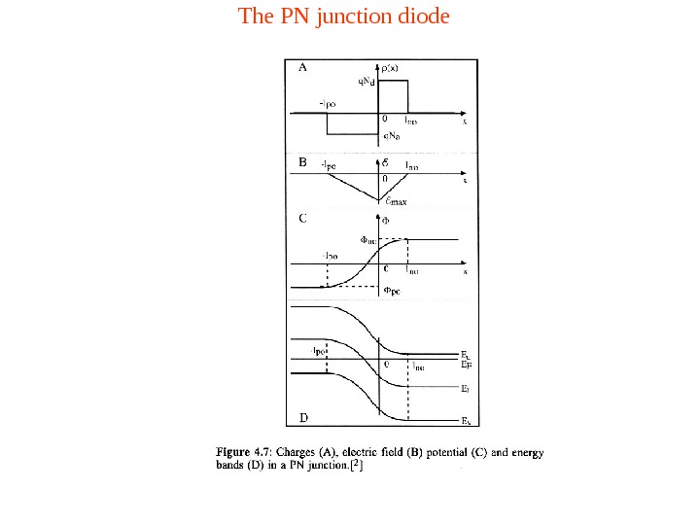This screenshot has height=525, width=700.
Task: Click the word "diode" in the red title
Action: (x=422, y=17)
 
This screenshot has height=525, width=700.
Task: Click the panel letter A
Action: (x=302, y=68)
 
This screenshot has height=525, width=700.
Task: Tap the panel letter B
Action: (x=302, y=164)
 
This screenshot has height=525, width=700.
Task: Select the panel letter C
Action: (x=302, y=219)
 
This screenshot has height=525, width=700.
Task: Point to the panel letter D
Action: (x=303, y=417)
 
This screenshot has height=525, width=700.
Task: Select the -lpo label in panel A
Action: (x=329, y=102)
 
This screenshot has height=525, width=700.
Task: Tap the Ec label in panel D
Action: (x=466, y=356)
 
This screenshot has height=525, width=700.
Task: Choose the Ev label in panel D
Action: (x=466, y=421)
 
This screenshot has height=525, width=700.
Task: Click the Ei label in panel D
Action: (x=466, y=388)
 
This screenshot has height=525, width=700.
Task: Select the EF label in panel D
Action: (x=466, y=366)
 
